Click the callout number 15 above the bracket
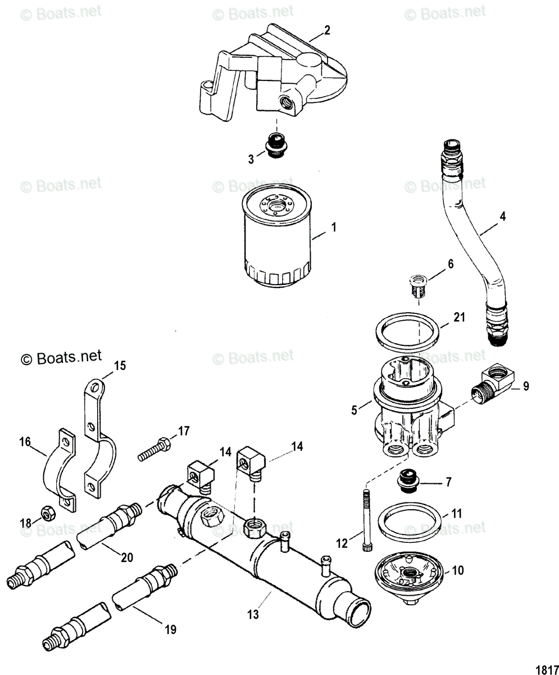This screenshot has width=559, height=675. point(120,366)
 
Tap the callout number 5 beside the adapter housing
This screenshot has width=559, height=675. point(354,410)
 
